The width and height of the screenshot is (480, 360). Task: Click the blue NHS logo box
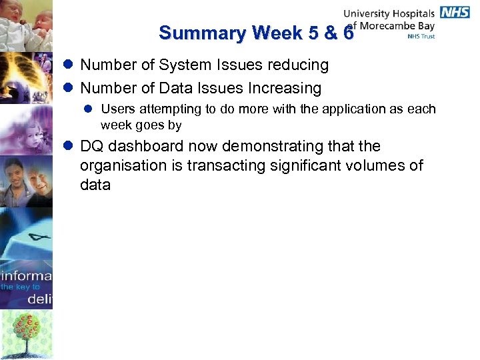pos(455,12)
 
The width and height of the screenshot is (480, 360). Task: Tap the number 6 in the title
pos(347,33)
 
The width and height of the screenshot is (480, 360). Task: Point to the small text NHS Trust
pos(421,37)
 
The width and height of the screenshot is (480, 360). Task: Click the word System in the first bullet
pos(183,65)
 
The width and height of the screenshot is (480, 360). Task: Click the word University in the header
pos(367,13)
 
